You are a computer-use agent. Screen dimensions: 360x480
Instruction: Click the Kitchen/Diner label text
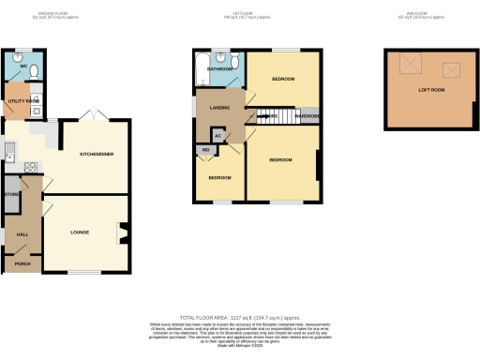coord(97,154)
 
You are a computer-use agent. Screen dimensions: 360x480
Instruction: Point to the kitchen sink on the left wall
coord(7,149)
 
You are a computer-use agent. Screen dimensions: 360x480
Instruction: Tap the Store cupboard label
coord(11,195)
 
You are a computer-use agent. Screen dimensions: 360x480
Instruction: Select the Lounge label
coord(80,229)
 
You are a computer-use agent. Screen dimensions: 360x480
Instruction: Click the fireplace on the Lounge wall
coord(122,233)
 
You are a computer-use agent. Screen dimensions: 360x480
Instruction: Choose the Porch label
coord(22,264)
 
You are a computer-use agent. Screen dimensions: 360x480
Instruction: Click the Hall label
coord(22,233)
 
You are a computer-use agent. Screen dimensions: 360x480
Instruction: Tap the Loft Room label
coord(430,89)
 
